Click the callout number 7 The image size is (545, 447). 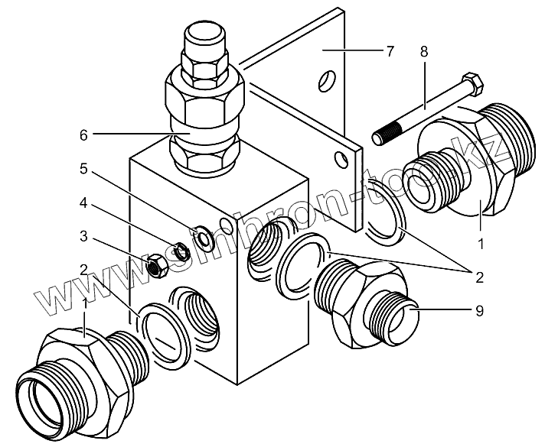pos(390,51)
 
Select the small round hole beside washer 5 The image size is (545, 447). pos(225,225)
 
